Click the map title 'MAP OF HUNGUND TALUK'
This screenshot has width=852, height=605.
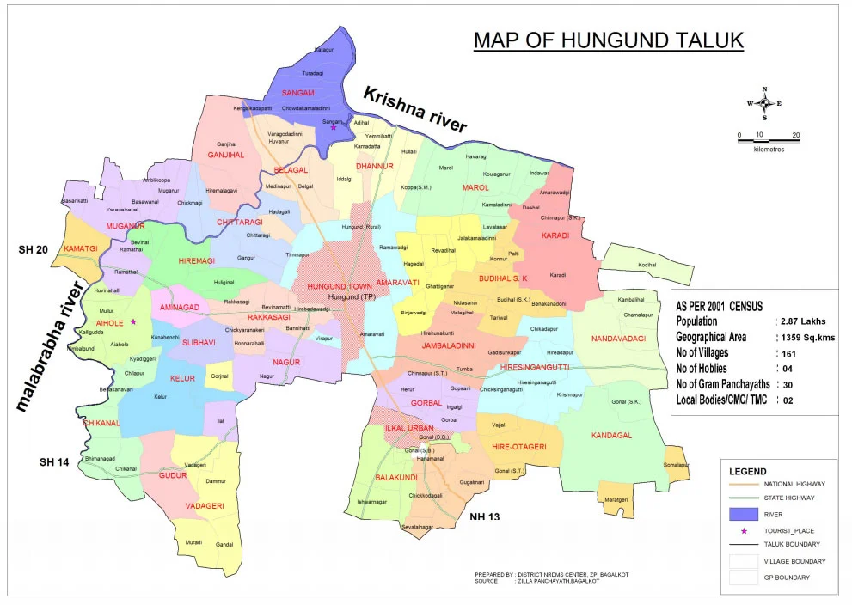pos(609,41)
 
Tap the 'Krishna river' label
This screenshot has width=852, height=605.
pos(414,109)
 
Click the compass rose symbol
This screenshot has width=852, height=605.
pos(764,103)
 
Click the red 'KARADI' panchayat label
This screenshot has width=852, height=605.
pos(556,234)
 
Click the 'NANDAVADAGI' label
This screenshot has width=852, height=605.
pos(618,339)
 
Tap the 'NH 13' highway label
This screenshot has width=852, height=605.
pos(484,516)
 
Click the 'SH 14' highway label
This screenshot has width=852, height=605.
pos(53,462)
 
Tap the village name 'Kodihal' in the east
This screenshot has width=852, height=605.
pos(647,266)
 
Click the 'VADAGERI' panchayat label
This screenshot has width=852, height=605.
pos(205,505)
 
